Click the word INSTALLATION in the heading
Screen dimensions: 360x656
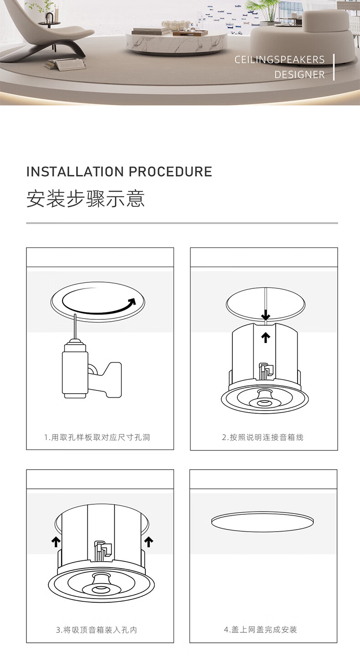tap(75, 172)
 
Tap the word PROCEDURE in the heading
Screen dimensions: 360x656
tap(170, 172)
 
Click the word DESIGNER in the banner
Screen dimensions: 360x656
tap(300, 75)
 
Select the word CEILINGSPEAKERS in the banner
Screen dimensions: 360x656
tap(279, 59)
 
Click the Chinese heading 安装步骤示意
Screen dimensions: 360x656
tap(86, 199)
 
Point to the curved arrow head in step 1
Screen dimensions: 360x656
tap(132, 302)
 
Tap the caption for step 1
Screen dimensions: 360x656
tap(97, 437)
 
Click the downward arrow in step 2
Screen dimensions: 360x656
tap(265, 315)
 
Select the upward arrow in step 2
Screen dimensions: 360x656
tap(265, 338)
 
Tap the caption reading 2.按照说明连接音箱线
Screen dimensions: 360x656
tap(262, 437)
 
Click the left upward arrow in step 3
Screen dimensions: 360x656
tap(56, 542)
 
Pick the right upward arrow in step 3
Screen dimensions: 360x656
tap(149, 542)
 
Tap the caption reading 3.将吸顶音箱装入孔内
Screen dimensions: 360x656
tap(96, 630)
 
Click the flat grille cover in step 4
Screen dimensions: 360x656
tap(262, 522)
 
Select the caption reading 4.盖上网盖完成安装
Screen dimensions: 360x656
tap(260, 630)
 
